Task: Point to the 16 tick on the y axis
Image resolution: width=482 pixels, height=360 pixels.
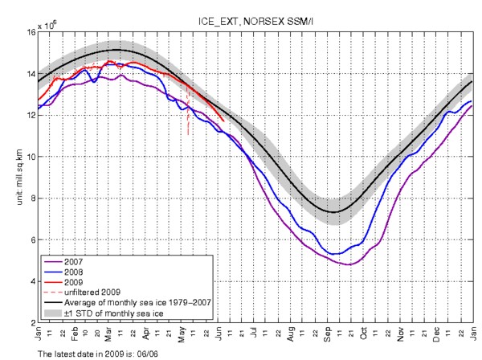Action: click(x=31, y=32)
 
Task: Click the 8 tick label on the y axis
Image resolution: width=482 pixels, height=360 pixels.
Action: click(x=32, y=198)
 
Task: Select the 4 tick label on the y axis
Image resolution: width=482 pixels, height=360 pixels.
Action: click(x=32, y=282)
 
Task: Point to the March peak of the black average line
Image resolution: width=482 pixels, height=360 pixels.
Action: click(x=116, y=50)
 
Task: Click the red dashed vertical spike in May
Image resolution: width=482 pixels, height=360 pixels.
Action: click(x=188, y=121)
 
